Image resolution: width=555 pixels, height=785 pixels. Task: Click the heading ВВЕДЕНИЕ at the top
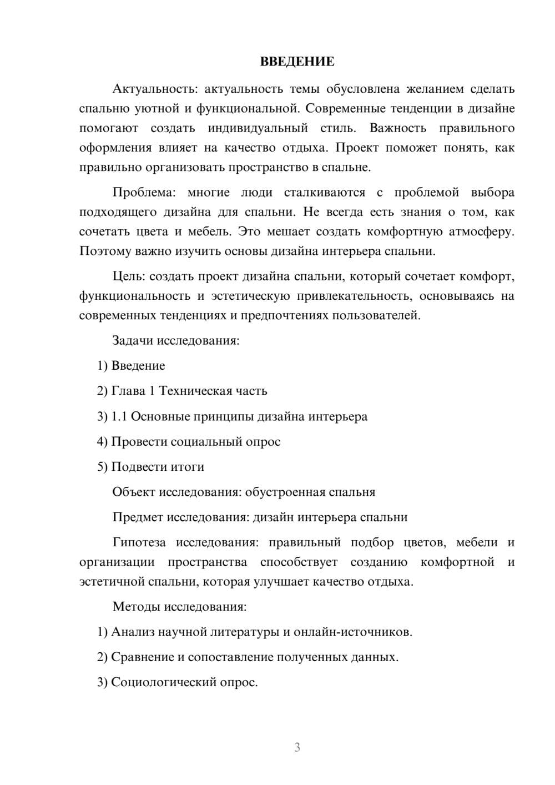coord(297,62)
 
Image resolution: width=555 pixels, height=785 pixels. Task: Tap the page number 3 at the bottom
coord(297,747)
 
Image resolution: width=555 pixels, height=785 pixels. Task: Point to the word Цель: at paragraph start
coord(129,276)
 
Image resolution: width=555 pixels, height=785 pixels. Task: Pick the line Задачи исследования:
coord(175,340)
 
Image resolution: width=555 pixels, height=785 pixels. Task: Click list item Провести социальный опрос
coord(195,442)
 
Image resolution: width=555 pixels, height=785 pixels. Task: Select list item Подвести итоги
coord(158,467)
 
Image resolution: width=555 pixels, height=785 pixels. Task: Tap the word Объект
coord(134,492)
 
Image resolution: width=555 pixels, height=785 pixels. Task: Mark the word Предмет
coord(137,517)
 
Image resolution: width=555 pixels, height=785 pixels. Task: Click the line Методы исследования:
coord(179,606)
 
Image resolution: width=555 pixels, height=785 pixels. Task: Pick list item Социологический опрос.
coord(184,682)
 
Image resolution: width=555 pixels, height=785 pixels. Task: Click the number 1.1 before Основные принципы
coord(119,416)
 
